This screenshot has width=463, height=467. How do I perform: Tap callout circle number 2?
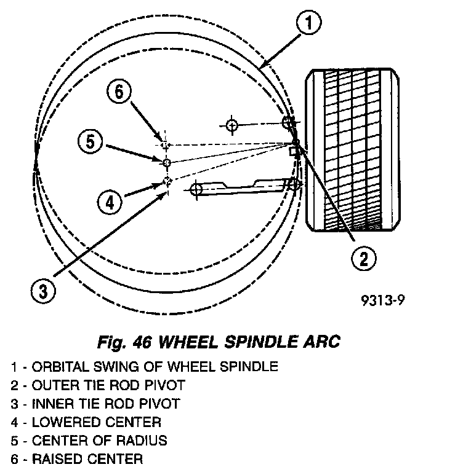tap(363, 259)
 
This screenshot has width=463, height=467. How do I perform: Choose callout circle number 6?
tap(119, 93)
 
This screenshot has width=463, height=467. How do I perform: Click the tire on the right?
tap(352, 151)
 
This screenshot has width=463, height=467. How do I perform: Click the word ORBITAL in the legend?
tap(56, 367)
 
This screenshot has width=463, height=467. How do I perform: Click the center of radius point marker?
tap(166, 162)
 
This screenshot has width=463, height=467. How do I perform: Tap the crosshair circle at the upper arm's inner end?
tap(231, 125)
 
